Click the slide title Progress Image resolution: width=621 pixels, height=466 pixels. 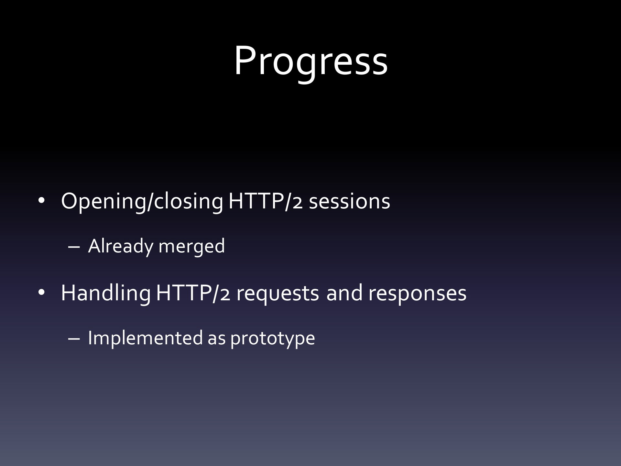click(310, 61)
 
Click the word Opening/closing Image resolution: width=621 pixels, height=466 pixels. click(142, 202)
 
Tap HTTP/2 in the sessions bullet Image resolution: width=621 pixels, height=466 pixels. click(266, 201)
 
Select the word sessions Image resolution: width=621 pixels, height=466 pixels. click(349, 202)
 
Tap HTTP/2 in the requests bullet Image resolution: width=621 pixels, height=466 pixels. click(193, 293)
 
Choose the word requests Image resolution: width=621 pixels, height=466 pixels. click(278, 294)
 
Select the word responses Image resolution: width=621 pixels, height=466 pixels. click(417, 294)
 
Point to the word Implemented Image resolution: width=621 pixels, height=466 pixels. click(145, 338)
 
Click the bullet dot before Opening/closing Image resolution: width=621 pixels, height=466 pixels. click(41, 202)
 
